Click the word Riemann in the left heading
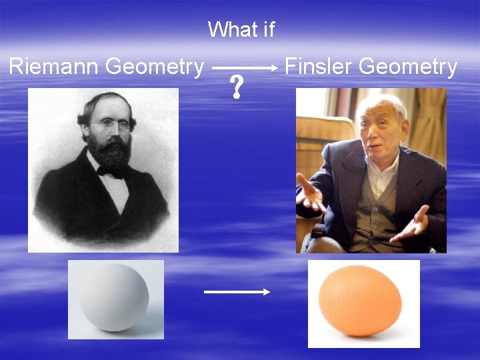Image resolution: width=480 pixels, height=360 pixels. click(x=54, y=67)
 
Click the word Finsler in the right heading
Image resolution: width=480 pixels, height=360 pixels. click(x=319, y=67)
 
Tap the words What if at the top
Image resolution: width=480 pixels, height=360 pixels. click(x=241, y=29)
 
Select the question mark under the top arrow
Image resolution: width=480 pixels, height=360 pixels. click(x=236, y=88)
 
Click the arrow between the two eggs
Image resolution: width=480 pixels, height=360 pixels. click(x=236, y=291)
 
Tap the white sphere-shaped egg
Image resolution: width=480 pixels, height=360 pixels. click(x=114, y=297)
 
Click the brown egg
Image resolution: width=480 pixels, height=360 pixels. click(x=360, y=301)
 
